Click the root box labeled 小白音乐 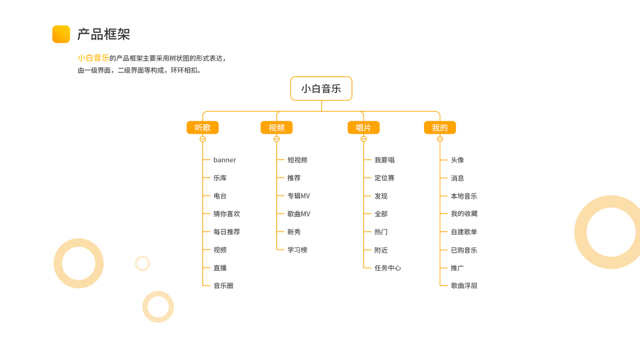click(x=321, y=89)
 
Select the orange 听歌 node click(x=203, y=128)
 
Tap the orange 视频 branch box click(x=277, y=128)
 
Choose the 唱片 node click(x=363, y=128)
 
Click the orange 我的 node click(x=440, y=128)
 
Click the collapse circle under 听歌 click(x=203, y=139)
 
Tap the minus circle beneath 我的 click(x=440, y=139)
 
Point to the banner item click(x=224, y=160)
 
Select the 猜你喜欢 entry click(x=227, y=214)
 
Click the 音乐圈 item click(x=223, y=286)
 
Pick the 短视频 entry click(x=297, y=160)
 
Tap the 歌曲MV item click(x=299, y=214)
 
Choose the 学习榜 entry click(x=297, y=250)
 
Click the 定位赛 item click(x=384, y=178)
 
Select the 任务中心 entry click(x=387, y=268)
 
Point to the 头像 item click(x=457, y=160)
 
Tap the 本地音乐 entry click(x=464, y=196)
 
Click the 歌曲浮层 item click(x=464, y=286)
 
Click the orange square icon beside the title click(x=61, y=34)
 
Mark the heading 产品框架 click(x=104, y=34)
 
